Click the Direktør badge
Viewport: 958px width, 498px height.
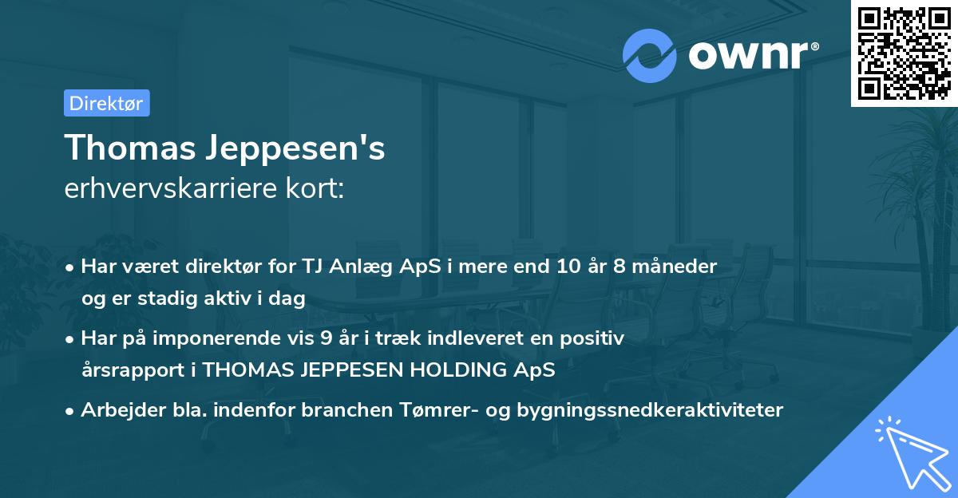tap(106, 103)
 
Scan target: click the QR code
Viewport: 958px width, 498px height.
tap(904, 53)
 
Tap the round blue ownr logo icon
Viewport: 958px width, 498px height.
tap(650, 55)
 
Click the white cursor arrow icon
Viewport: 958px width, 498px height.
tap(910, 453)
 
